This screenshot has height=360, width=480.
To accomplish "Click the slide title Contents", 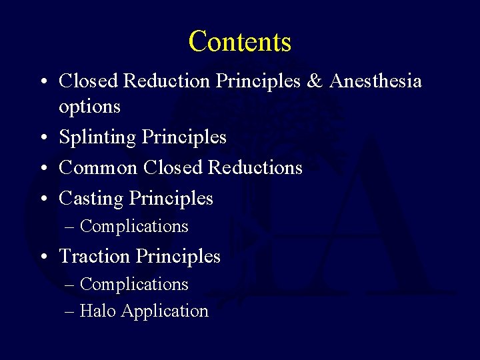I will [240, 41].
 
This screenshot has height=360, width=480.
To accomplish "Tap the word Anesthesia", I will [375, 81].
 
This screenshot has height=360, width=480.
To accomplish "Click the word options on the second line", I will [89, 107].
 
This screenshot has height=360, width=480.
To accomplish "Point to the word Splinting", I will [98, 138].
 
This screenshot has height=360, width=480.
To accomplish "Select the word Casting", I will [91, 199].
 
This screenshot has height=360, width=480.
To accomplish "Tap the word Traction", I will [95, 256].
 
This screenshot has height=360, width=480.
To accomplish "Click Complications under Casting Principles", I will [134, 227].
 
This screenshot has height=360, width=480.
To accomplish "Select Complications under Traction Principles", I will [134, 285].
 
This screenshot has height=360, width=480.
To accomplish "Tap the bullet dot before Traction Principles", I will [42, 257].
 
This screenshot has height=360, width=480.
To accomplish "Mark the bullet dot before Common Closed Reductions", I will [42, 168].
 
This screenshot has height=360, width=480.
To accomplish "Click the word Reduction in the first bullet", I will [167, 81].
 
